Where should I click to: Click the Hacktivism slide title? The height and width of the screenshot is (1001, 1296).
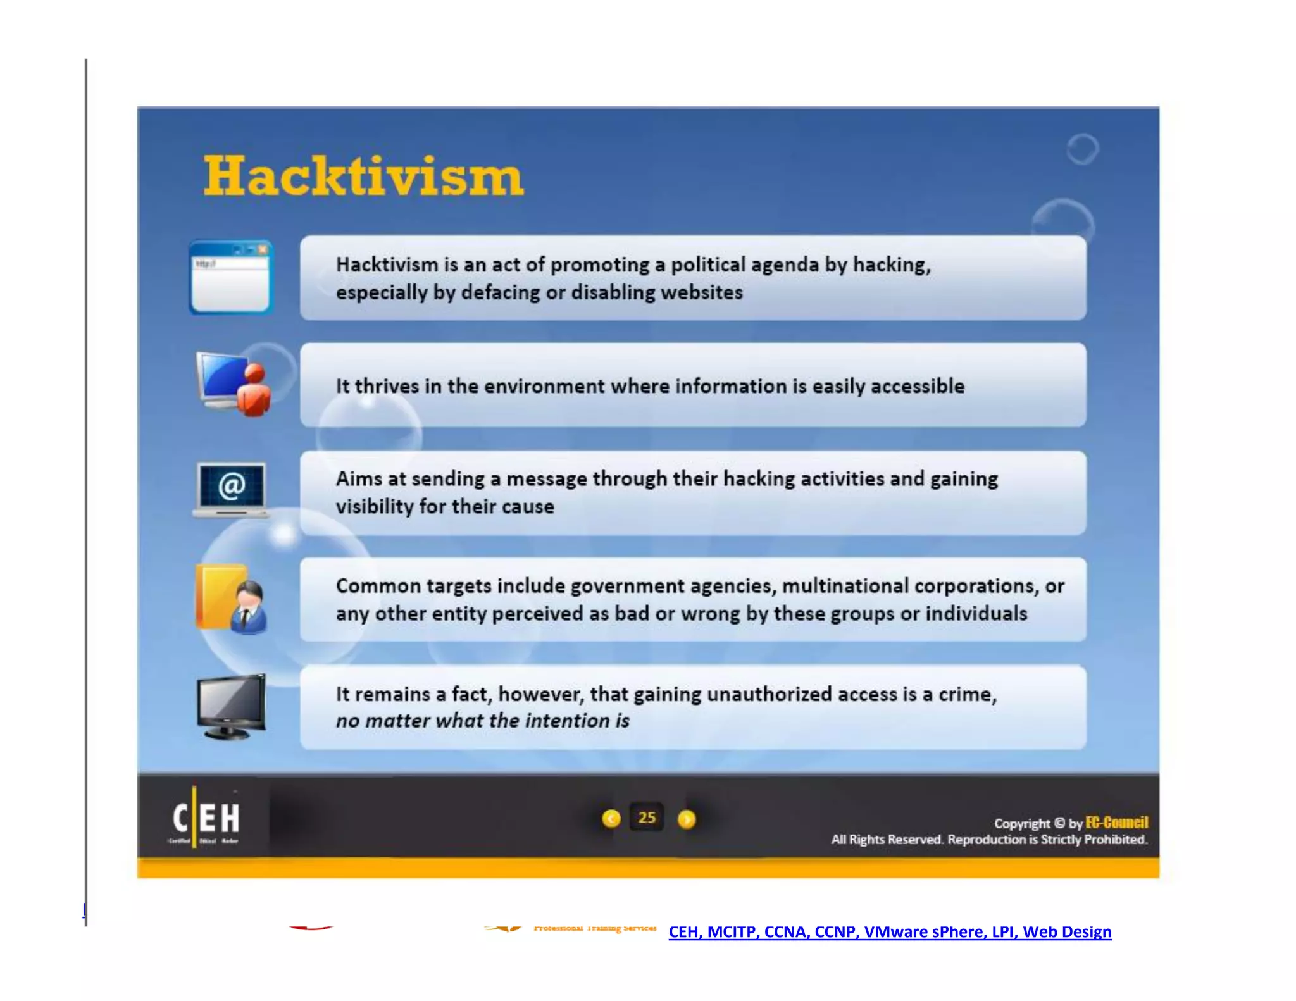click(x=363, y=176)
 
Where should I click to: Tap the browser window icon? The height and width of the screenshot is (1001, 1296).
click(x=231, y=277)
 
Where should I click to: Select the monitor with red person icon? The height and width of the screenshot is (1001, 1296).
click(x=234, y=383)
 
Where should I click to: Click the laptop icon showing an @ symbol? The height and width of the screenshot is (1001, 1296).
click(x=232, y=489)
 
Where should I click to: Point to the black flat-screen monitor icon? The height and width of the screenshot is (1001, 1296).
click(x=231, y=706)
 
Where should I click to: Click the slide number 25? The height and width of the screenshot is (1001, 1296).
click(x=647, y=818)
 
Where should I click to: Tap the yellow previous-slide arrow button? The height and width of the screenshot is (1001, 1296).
click(x=611, y=819)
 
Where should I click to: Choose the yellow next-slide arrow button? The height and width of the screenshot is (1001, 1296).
click(x=687, y=819)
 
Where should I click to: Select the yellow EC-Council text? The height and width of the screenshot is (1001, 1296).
click(x=1116, y=823)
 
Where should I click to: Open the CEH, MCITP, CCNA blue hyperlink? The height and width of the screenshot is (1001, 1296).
click(x=890, y=932)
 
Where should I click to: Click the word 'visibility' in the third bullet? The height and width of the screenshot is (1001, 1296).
click(x=374, y=506)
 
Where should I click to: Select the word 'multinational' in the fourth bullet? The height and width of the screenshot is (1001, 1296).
click(x=845, y=586)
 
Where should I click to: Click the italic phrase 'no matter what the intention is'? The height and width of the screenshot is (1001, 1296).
click(x=482, y=721)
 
